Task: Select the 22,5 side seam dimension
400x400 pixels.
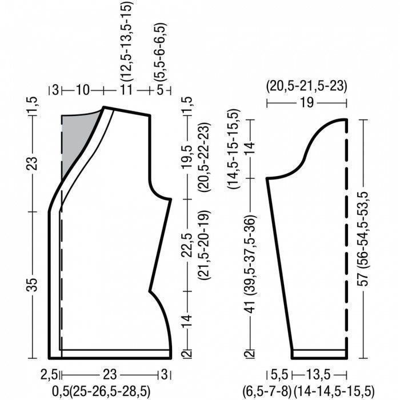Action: pos(187,245)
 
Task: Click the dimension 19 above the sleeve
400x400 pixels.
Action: pos(307,103)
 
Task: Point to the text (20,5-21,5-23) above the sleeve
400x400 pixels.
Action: pos(307,86)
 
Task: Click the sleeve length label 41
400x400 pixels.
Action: pos(250,307)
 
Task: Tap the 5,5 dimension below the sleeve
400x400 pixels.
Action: pos(279,375)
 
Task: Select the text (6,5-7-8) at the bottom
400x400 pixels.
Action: pos(267,391)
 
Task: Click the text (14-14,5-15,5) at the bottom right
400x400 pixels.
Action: pos(334,391)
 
